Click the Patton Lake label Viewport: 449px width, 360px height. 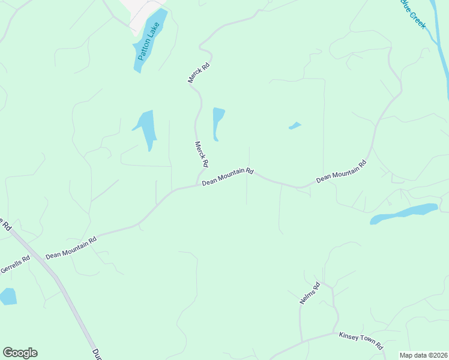(146, 44)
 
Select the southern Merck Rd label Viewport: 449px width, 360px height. (202, 154)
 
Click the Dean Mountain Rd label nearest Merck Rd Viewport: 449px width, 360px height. (228, 176)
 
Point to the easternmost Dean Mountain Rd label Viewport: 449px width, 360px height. (341, 171)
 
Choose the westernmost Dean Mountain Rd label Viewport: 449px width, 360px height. (71, 247)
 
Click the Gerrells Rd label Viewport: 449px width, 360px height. (14, 265)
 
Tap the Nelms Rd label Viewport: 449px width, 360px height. (310, 293)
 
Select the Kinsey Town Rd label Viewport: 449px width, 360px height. (361, 340)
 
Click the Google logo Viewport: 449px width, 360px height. (20, 353)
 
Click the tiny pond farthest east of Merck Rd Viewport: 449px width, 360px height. (294, 125)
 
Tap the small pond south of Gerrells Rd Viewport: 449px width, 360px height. (7, 296)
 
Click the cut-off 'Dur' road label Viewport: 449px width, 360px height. (95, 354)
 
